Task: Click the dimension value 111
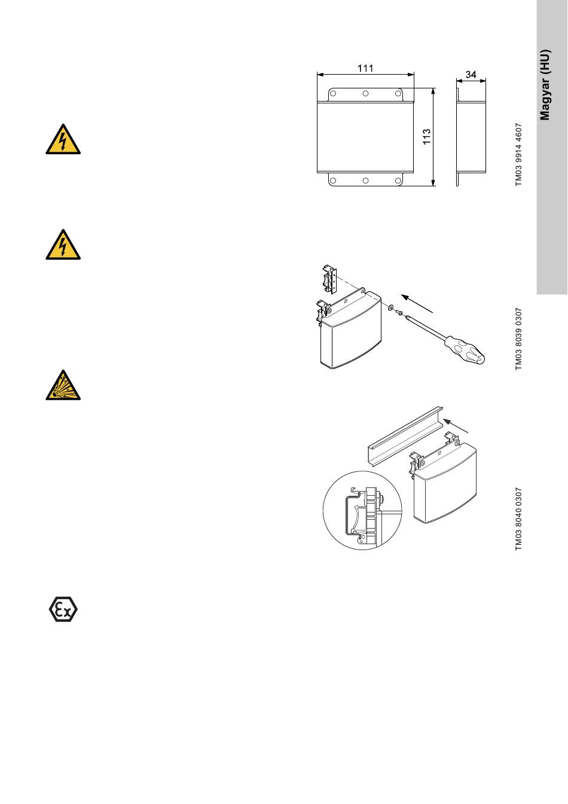(365, 68)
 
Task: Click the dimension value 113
(426, 137)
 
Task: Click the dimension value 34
(471, 74)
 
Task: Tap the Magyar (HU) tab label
(545, 85)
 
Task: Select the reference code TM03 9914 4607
(518, 155)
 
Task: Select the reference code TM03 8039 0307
(518, 339)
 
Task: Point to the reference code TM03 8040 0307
(518, 519)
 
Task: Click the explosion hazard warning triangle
(63, 385)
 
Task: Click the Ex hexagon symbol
(63, 609)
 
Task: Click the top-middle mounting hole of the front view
(365, 94)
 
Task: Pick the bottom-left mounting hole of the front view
(333, 180)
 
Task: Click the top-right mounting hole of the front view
(398, 94)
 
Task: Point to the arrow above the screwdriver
(417, 304)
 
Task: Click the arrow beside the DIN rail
(456, 426)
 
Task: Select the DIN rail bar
(405, 437)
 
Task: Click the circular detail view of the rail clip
(362, 511)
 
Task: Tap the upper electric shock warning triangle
(63, 140)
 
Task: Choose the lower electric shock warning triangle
(63, 245)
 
